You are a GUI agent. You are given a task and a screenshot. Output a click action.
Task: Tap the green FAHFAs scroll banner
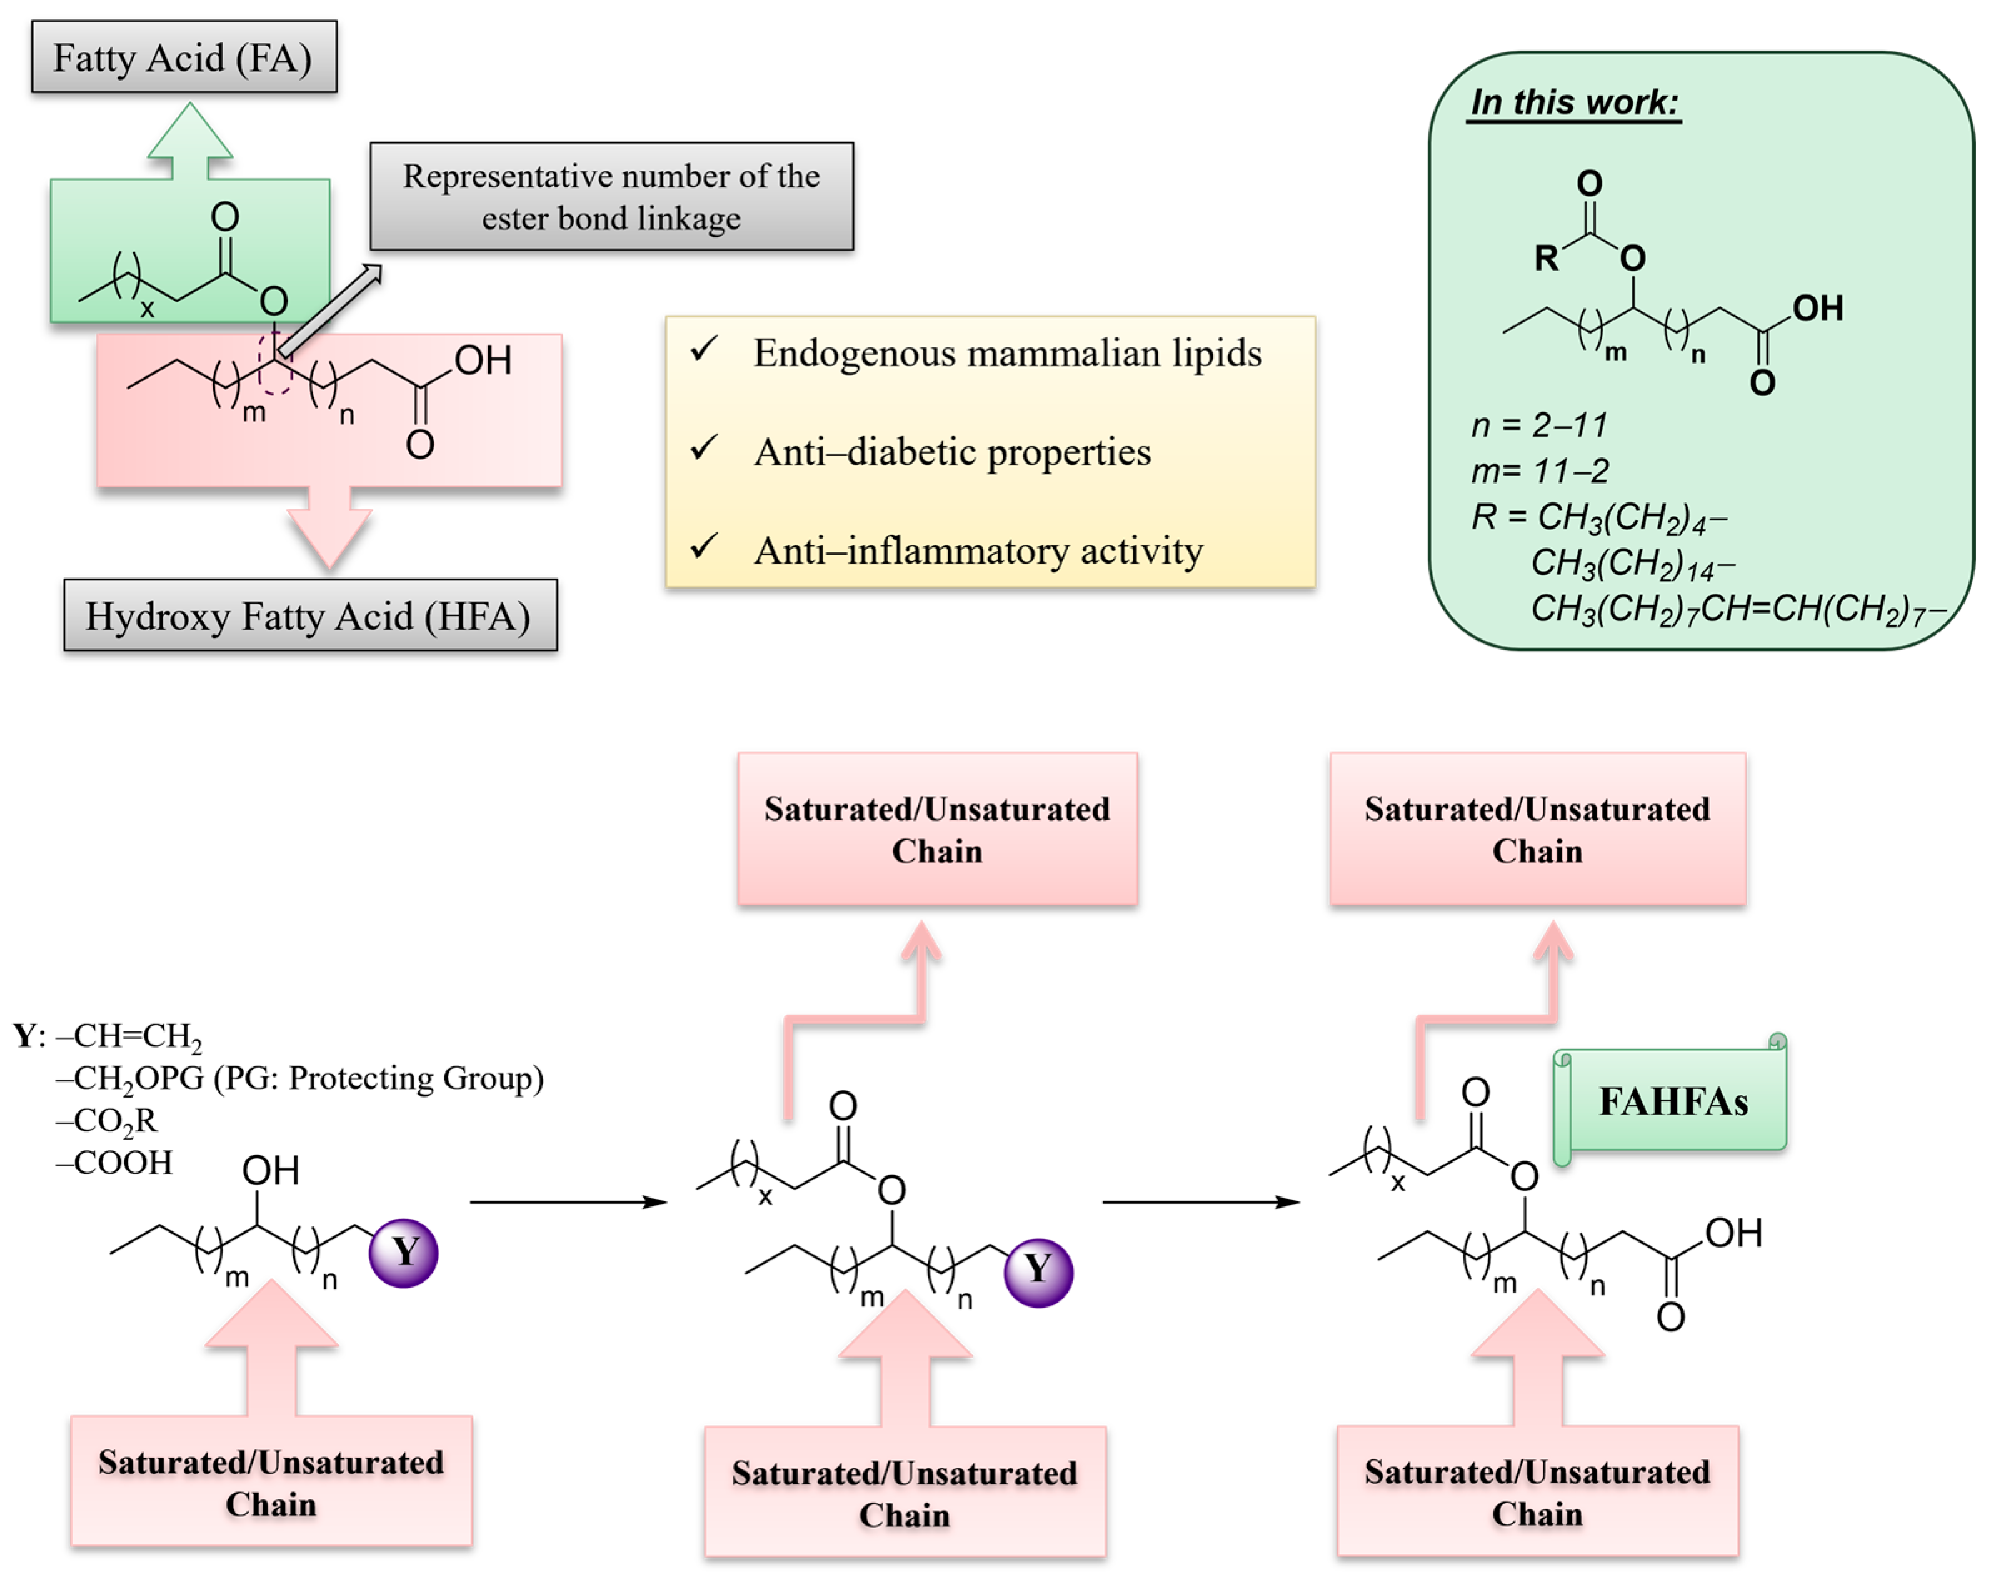1672,1101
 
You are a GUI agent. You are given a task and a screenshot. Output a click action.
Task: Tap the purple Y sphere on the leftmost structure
403,1253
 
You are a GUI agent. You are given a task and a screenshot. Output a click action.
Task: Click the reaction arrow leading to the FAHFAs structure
1200,1201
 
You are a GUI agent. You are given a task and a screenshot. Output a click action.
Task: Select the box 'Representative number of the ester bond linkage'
611,196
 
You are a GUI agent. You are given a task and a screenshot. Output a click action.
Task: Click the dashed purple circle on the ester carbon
275,365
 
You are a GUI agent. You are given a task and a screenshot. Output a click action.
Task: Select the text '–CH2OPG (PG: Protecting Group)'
299,1078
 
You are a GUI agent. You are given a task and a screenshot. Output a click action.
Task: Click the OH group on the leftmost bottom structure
270,1171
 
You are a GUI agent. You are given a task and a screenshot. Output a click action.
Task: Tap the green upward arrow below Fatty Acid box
189,139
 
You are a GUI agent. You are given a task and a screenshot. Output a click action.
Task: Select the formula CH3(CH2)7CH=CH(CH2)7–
1737,609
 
